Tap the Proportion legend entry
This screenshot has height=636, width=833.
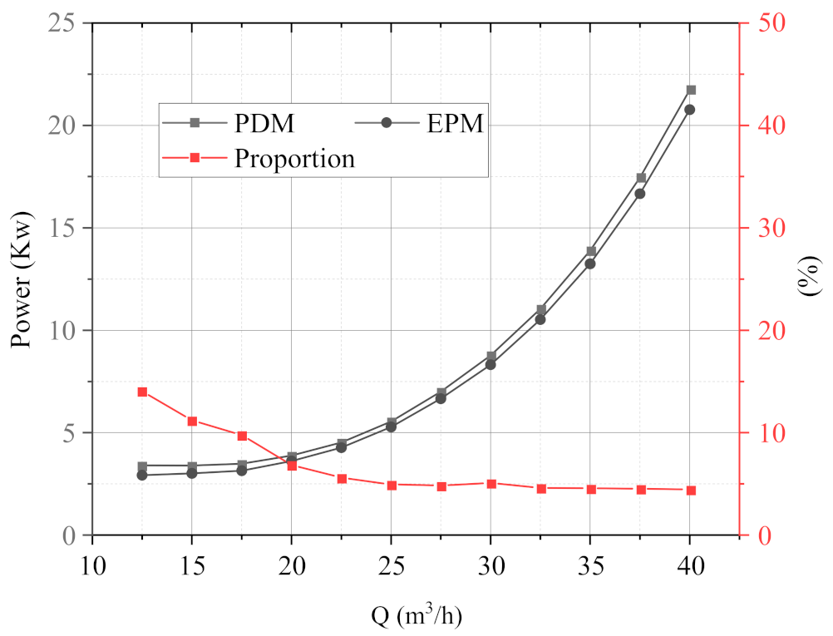point(258,158)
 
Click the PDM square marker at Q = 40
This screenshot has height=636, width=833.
point(691,90)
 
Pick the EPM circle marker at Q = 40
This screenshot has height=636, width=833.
point(689,110)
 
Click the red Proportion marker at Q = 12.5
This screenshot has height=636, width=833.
point(142,392)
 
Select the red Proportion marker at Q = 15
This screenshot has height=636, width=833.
point(192,422)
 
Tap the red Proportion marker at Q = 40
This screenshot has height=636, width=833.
point(690,491)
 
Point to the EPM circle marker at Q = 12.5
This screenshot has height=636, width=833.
point(142,476)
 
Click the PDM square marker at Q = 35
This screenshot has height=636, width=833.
point(591,251)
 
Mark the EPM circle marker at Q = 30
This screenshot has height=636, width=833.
point(490,364)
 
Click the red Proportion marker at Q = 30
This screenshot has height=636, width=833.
point(491,484)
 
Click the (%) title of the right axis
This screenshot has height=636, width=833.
point(809,279)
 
